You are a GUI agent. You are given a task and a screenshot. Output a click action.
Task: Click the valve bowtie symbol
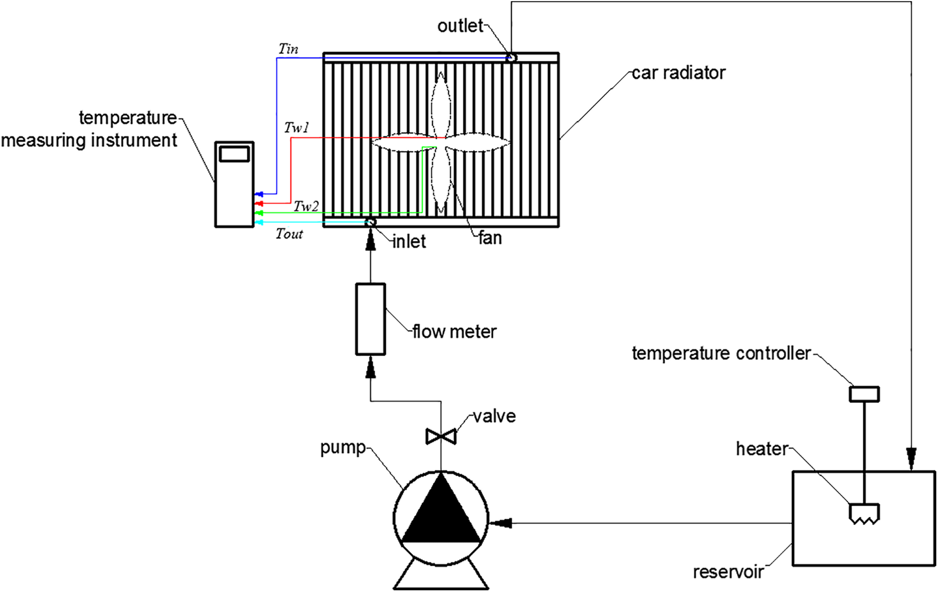441,436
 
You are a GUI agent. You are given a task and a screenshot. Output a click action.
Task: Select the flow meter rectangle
371,319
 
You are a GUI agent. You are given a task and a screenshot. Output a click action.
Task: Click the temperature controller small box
864,394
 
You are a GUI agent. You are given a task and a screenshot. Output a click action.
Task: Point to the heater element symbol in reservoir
864,514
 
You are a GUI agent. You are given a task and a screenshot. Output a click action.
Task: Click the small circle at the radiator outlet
511,57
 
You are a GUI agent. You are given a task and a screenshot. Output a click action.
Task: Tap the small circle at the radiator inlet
370,222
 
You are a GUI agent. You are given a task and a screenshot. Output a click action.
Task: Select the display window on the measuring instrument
234,153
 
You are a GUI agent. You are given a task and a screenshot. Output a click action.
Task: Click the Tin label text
289,49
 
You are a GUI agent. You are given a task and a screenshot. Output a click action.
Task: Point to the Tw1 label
297,127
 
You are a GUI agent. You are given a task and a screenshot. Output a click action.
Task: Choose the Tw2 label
306,206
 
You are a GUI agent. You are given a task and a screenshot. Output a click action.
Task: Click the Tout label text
289,234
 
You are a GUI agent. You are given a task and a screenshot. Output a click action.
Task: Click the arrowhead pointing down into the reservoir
911,460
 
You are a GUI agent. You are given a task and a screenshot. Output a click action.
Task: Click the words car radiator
678,73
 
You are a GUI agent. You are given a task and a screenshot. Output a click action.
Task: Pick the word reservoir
729,572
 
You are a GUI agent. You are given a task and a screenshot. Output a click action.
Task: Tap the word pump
343,448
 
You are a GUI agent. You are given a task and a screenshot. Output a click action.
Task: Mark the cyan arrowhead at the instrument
259,222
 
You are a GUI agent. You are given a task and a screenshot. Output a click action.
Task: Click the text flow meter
454,331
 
